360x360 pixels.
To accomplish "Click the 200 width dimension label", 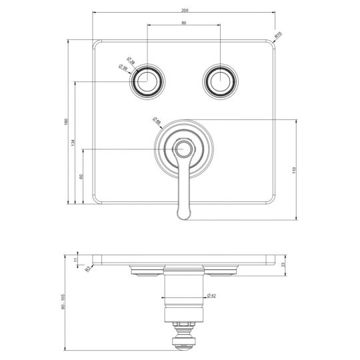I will pos(183,9).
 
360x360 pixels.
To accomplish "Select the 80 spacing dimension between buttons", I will pos(183,23).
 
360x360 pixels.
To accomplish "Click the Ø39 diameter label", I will pos(123,67).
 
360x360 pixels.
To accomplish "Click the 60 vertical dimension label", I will pos(80,177).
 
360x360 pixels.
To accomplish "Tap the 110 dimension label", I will pos(293,170).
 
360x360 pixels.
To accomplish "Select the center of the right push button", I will pos(220,81).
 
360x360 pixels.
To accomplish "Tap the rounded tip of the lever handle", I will pos(184,213).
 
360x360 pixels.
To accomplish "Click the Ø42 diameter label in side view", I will pos(211,295).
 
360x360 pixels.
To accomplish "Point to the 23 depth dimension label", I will pos(283,265).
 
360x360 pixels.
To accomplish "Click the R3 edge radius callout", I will pos(87,269).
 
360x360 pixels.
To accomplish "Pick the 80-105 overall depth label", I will pos(63,304).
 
